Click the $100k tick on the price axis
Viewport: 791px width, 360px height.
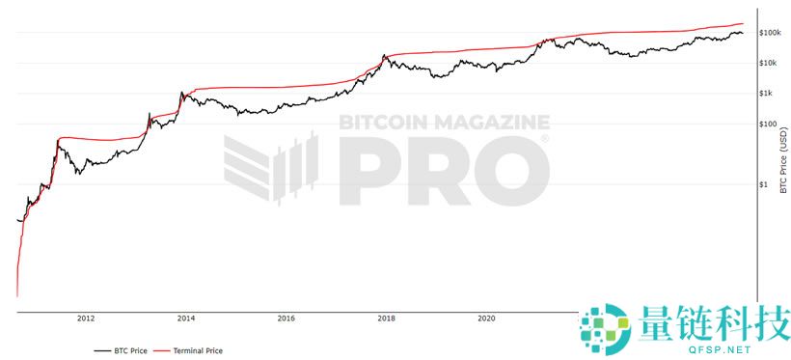(769, 33)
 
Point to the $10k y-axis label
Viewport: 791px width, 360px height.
(769, 63)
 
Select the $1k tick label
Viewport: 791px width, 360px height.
(767, 94)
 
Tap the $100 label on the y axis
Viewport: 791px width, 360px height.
(767, 124)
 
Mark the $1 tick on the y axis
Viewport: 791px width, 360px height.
(764, 184)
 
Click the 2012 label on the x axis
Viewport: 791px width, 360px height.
(86, 318)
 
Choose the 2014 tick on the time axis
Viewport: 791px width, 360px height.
(186, 318)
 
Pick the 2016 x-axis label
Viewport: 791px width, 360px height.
(286, 318)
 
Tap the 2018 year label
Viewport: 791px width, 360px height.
(386, 318)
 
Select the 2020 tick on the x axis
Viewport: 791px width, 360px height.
(486, 318)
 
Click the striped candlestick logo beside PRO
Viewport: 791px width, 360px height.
(272, 168)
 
